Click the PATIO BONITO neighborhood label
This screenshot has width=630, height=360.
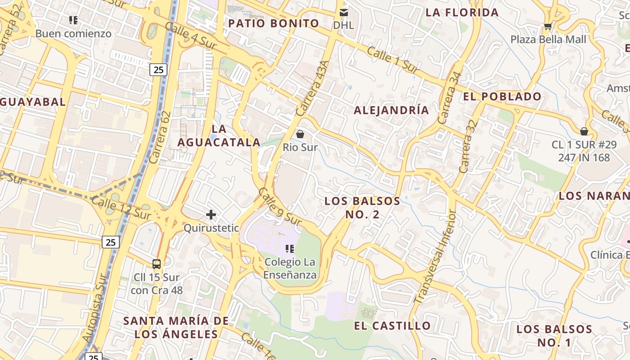tap(274, 23)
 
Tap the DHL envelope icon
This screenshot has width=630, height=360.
tap(344, 12)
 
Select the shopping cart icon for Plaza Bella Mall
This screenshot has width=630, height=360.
tap(548, 27)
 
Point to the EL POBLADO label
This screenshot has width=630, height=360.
tap(502, 96)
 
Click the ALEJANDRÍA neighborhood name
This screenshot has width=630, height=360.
tap(391, 110)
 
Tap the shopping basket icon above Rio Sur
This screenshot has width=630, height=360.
tap(300, 134)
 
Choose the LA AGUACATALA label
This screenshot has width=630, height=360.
tap(219, 135)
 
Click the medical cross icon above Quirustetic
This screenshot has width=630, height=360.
tap(211, 215)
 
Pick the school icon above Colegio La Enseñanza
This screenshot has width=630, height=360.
tap(290, 248)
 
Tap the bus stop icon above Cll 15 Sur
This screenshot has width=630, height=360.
tap(157, 264)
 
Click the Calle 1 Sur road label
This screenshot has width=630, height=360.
tap(392, 59)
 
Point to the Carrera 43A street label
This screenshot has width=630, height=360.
tap(310, 89)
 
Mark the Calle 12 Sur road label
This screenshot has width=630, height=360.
tap(121, 208)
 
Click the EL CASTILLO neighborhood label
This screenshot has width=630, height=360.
tap(392, 325)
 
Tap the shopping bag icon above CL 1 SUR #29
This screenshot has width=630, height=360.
tap(584, 131)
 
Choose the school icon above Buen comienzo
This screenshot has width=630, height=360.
tap(73, 20)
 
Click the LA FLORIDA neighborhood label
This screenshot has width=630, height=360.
tap(462, 12)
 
